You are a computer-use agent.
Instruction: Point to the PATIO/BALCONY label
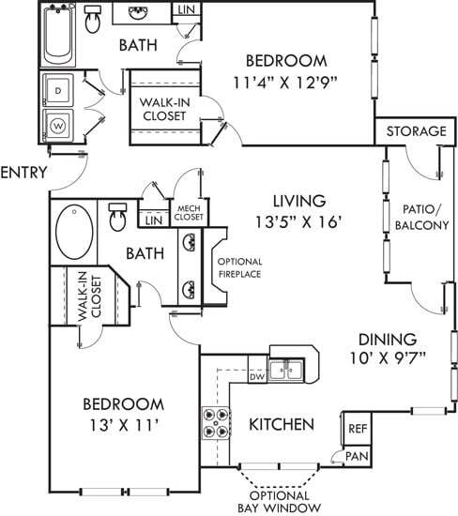point(420,218)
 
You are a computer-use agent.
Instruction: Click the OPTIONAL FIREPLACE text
point(238,267)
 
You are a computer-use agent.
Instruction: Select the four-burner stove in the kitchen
point(215,422)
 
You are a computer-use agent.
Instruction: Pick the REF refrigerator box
point(357,428)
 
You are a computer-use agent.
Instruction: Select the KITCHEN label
point(281,425)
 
